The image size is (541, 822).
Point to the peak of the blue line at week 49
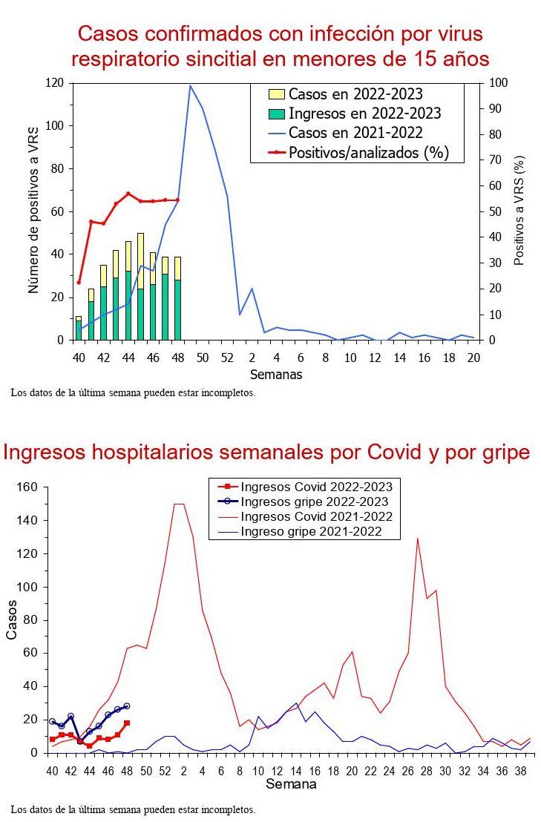[190, 85]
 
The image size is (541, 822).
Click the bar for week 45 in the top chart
[140, 286]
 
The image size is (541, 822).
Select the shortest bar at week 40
[79, 328]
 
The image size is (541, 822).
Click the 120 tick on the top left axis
[56, 83]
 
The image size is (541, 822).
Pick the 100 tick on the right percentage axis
[493, 83]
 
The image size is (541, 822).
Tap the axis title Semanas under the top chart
[275, 375]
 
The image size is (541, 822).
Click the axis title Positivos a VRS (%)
[519, 211]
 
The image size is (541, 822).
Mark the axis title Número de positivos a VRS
[33, 211]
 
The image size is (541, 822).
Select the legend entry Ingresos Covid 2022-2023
[316, 487]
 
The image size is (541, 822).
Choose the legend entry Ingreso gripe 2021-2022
[311, 531]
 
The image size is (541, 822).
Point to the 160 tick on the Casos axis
[27, 487]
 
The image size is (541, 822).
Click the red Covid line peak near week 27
[417, 539]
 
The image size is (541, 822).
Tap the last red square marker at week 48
[127, 723]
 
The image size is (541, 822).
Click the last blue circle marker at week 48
[127, 706]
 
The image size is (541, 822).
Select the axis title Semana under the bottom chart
[291, 784]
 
